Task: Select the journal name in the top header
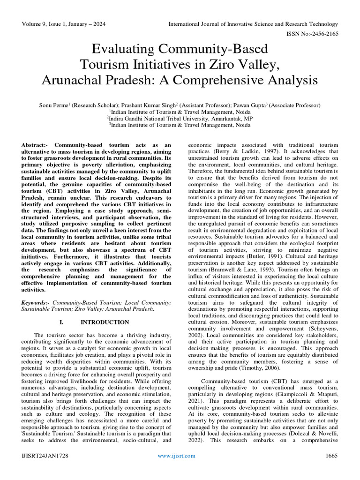(253, 24)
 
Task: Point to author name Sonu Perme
(53, 105)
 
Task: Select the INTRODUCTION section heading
(105, 322)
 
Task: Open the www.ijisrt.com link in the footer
(180, 456)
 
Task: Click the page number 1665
(331, 456)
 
